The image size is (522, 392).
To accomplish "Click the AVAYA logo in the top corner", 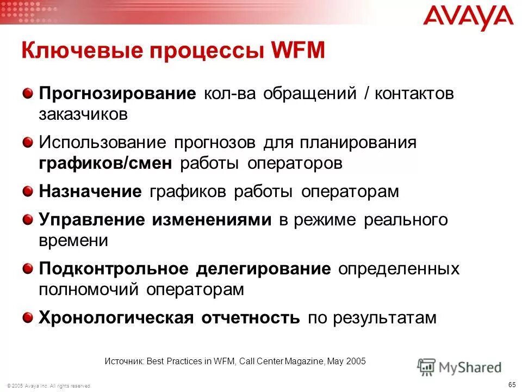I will point(468,18).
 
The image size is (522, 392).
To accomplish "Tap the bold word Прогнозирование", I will point(117,93).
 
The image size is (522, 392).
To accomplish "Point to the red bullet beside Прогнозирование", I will point(28,93).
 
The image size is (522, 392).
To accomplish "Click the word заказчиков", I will point(83,114).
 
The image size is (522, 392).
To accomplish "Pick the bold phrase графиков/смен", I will point(105,163).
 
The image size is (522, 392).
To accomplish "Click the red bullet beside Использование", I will point(28,143).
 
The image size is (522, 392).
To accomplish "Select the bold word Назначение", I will point(90,192).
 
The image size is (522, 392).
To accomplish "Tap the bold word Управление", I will point(92,220).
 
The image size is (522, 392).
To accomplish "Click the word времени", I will point(73,241).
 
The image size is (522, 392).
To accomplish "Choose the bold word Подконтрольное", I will point(114,269).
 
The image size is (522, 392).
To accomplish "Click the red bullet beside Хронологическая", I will point(28,317).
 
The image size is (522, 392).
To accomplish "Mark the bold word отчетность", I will point(251,318).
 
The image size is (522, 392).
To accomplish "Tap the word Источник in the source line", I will point(124,361).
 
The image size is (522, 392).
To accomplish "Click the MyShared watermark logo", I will point(459,367).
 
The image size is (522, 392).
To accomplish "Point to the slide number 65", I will point(512,384).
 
